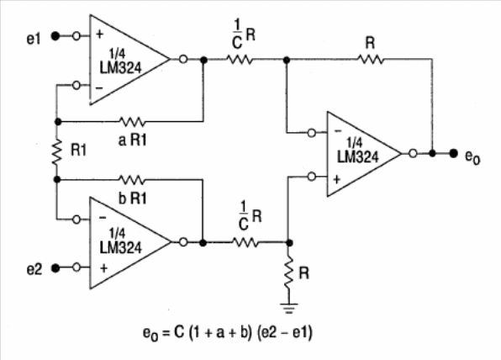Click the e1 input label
pos(34,39)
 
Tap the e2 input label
pos(34,269)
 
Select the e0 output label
pos(472,156)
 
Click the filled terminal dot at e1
pos(55,36)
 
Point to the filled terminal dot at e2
pos(55,267)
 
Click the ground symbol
pos(289,308)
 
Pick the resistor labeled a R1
pos(132,122)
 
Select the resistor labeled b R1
pos(132,180)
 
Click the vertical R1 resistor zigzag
pos(57,152)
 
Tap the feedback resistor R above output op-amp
pos(371,60)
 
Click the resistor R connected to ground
pos(289,273)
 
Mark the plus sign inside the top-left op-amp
pos(100,34)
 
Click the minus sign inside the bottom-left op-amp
pos(103,218)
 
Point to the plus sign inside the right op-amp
pos(337,179)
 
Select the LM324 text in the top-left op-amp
pos(120,68)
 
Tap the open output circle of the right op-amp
pos(413,153)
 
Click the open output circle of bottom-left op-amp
pos(183,242)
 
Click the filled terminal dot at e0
pos(453,153)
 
